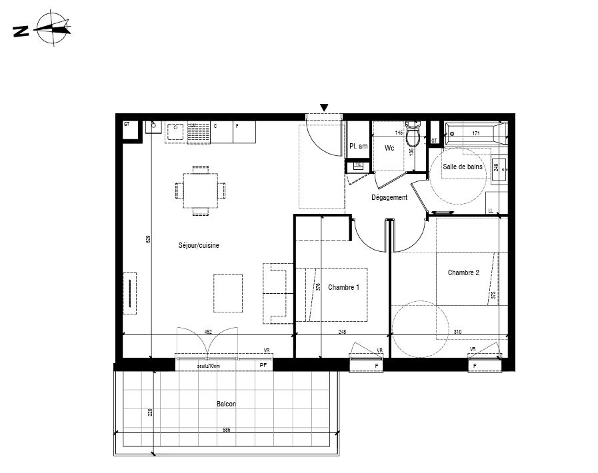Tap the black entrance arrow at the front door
324,108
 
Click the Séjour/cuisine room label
199,245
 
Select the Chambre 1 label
343,287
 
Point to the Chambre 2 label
463,272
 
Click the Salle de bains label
462,167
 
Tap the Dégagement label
389,197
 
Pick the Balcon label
226,404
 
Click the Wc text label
389,149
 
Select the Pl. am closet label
358,147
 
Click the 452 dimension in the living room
207,331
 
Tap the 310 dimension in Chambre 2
457,331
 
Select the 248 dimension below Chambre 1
343,331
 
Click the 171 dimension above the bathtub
476,134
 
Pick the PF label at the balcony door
263,365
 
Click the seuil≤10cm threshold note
208,366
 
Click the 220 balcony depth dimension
151,412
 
